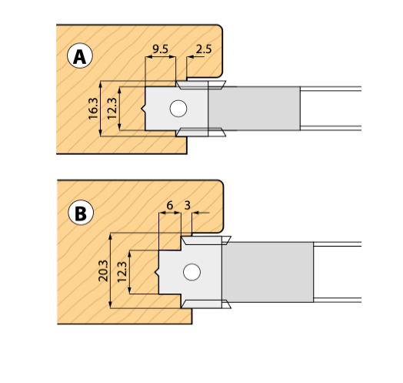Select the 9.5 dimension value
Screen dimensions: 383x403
click(x=161, y=49)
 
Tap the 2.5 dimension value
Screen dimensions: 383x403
click(x=204, y=49)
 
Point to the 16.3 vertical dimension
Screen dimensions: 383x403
click(x=93, y=109)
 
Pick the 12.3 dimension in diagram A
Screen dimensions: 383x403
click(x=112, y=109)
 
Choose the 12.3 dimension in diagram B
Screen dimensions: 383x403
click(x=122, y=271)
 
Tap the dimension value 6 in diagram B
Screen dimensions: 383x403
click(x=168, y=207)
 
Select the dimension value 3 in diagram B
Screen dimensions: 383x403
click(x=187, y=207)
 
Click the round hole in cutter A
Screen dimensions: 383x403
click(x=178, y=108)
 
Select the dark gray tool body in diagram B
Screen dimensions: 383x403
click(x=269, y=271)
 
